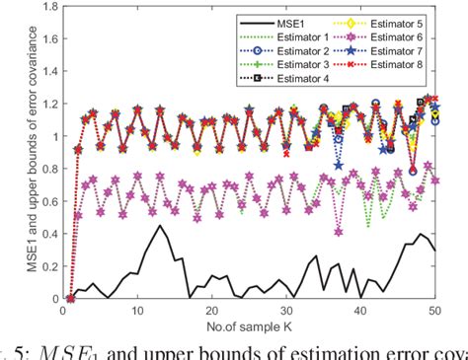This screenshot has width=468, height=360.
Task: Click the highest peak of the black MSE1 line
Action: pos(160,226)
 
